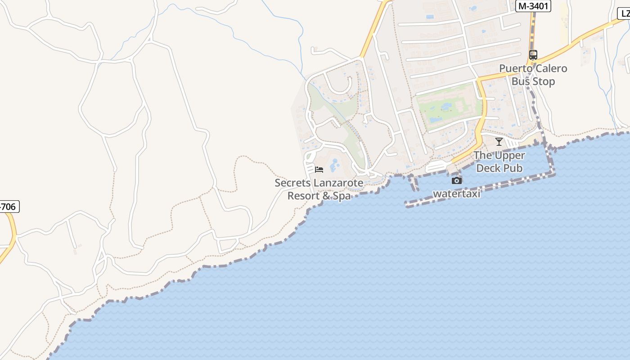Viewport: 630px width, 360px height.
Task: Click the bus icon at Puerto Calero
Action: (533, 55)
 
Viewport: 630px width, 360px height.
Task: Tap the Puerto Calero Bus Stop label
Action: (533, 75)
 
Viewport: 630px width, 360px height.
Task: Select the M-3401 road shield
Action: (534, 6)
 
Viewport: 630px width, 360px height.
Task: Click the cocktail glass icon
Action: (499, 142)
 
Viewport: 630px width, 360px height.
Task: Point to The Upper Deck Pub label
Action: (499, 162)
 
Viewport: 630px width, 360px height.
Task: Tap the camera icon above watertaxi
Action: (457, 180)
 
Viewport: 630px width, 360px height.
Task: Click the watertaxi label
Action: (456, 193)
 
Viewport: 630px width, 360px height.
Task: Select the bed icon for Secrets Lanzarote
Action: (319, 170)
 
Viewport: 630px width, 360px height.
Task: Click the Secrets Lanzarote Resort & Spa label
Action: (319, 189)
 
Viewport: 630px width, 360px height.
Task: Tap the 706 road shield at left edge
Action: (9, 207)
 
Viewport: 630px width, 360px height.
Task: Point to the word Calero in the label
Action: (550, 69)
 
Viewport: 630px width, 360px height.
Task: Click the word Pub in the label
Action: (513, 168)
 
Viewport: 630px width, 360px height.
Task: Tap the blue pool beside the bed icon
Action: (335, 166)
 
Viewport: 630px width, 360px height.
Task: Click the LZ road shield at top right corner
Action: (624, 13)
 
